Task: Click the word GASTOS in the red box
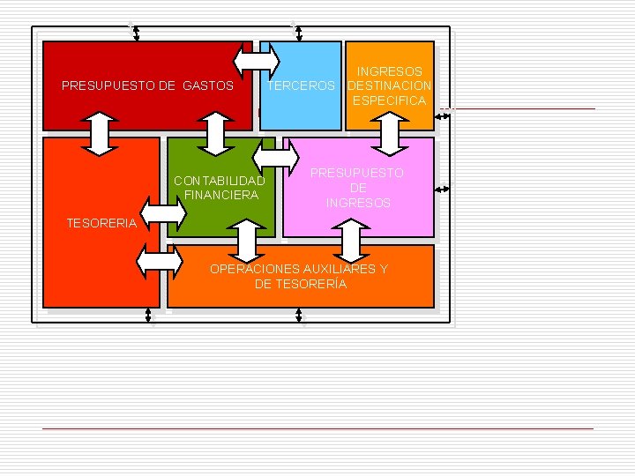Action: point(208,86)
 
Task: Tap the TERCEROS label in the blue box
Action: point(301,86)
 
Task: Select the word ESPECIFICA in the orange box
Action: point(390,100)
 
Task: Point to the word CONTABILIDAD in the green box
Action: point(220,181)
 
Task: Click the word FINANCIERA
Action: point(221,195)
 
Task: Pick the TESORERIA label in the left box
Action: point(101,223)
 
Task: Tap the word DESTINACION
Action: point(390,86)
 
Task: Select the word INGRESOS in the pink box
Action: point(358,203)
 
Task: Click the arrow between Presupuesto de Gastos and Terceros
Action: point(257,62)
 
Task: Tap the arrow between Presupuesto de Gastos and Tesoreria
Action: point(100,134)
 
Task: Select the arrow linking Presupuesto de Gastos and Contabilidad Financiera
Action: point(215,134)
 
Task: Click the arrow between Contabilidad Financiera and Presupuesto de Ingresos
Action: point(276,158)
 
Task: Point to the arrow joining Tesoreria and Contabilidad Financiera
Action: point(163,213)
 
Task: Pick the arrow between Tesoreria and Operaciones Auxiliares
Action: point(160,262)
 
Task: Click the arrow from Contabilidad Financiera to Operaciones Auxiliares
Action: point(247,242)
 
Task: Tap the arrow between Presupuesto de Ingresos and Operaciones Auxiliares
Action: point(351,242)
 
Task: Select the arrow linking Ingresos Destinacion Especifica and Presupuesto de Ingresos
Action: point(390,134)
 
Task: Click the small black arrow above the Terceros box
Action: point(299,33)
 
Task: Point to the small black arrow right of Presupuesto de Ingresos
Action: point(442,189)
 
